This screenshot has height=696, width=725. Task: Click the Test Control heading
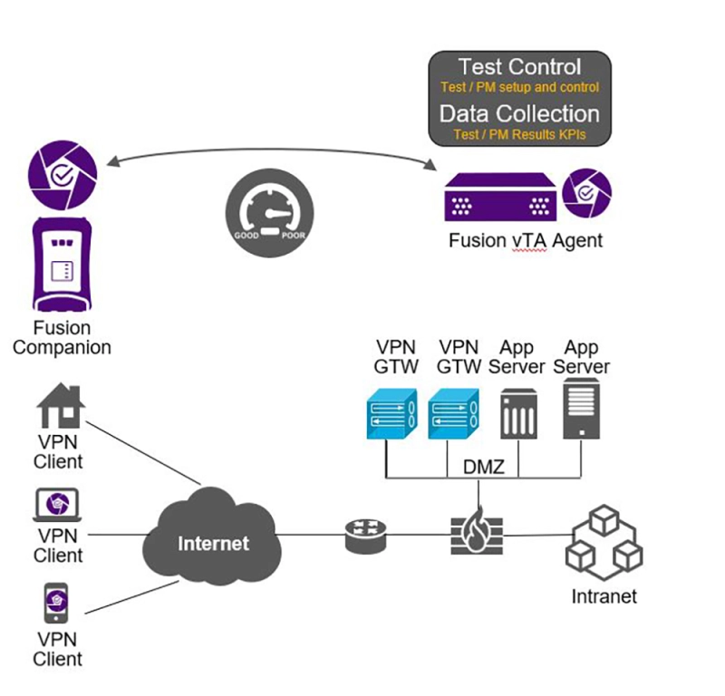(x=519, y=67)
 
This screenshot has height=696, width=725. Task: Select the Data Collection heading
(x=519, y=114)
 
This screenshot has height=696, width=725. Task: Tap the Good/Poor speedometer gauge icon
(x=269, y=210)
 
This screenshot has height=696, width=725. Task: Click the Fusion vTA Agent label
(x=525, y=241)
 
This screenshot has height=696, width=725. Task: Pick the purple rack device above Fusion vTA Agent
(x=499, y=197)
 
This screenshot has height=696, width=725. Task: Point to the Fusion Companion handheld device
(x=61, y=264)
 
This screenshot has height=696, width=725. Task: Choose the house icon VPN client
(x=61, y=405)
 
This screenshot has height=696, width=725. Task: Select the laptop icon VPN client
(x=59, y=505)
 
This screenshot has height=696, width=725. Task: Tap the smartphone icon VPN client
(x=56, y=604)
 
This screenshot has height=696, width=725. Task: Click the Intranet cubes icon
(x=603, y=543)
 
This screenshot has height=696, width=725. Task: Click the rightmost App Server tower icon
(x=580, y=409)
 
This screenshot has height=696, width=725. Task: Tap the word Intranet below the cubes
(x=604, y=596)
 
